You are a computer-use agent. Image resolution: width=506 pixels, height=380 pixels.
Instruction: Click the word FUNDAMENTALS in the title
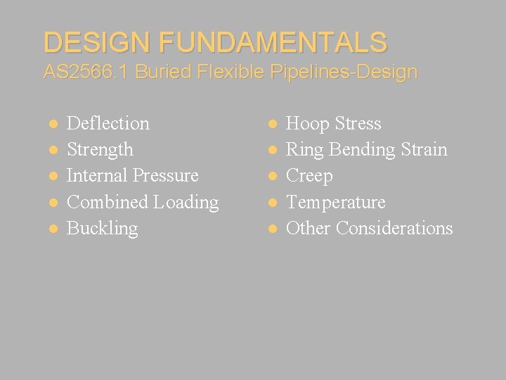click(x=273, y=42)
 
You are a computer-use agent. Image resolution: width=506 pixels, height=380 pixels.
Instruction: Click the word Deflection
click(x=108, y=123)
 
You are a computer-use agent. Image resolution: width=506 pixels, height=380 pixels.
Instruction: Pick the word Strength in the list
click(x=99, y=149)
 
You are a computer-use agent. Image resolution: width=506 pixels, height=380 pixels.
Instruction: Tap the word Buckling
click(x=102, y=228)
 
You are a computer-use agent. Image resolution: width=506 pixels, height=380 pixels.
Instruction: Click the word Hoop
click(x=307, y=124)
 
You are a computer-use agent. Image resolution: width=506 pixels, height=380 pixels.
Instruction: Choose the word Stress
click(x=358, y=124)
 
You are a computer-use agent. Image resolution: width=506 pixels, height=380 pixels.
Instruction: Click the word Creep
click(x=309, y=176)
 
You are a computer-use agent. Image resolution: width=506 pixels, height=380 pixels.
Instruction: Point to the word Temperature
click(x=336, y=202)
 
